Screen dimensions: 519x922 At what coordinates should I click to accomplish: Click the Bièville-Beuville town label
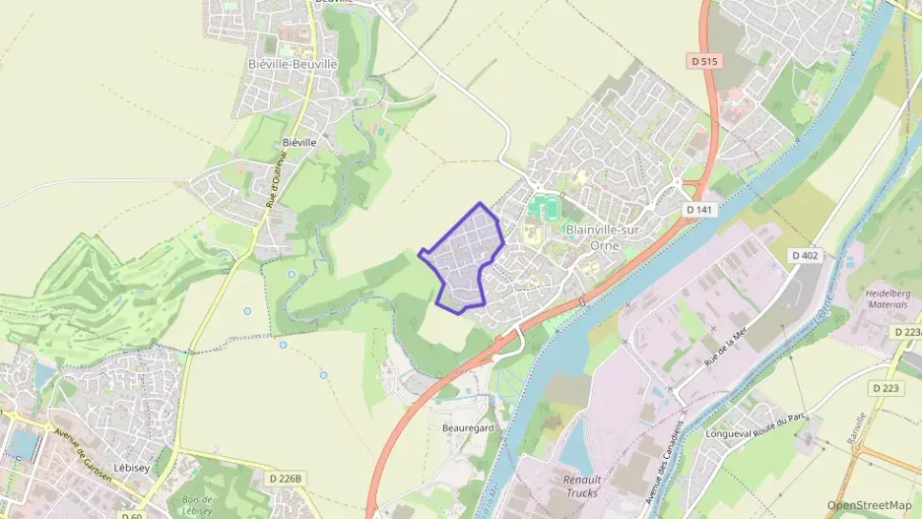click(293, 64)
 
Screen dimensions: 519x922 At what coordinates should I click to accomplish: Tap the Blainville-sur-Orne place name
click(599, 237)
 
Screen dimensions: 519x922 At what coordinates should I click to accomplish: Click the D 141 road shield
click(700, 211)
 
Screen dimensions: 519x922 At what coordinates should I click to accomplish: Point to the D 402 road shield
click(805, 256)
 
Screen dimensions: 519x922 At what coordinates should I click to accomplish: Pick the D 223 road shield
click(883, 388)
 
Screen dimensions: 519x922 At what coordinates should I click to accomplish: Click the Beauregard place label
click(467, 429)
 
